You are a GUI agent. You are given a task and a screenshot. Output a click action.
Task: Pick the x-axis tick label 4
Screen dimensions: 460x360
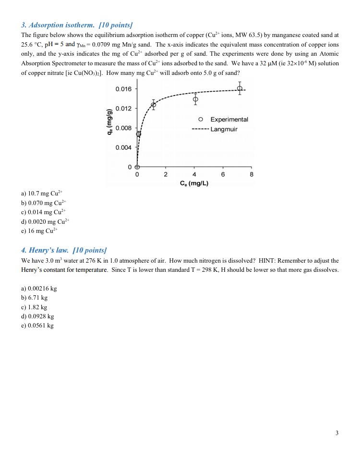pyautogui.click(x=194, y=175)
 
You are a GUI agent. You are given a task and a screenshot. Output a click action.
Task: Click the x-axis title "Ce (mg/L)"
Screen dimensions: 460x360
pyautogui.click(x=194, y=183)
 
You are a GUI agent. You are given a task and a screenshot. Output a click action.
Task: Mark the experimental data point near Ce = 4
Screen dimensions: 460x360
pyautogui.click(x=195, y=99)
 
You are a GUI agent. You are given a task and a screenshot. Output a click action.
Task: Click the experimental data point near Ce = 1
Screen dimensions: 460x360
pyautogui.click(x=154, y=105)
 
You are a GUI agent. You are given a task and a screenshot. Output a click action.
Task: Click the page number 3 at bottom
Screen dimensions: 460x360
pyautogui.click(x=337, y=433)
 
